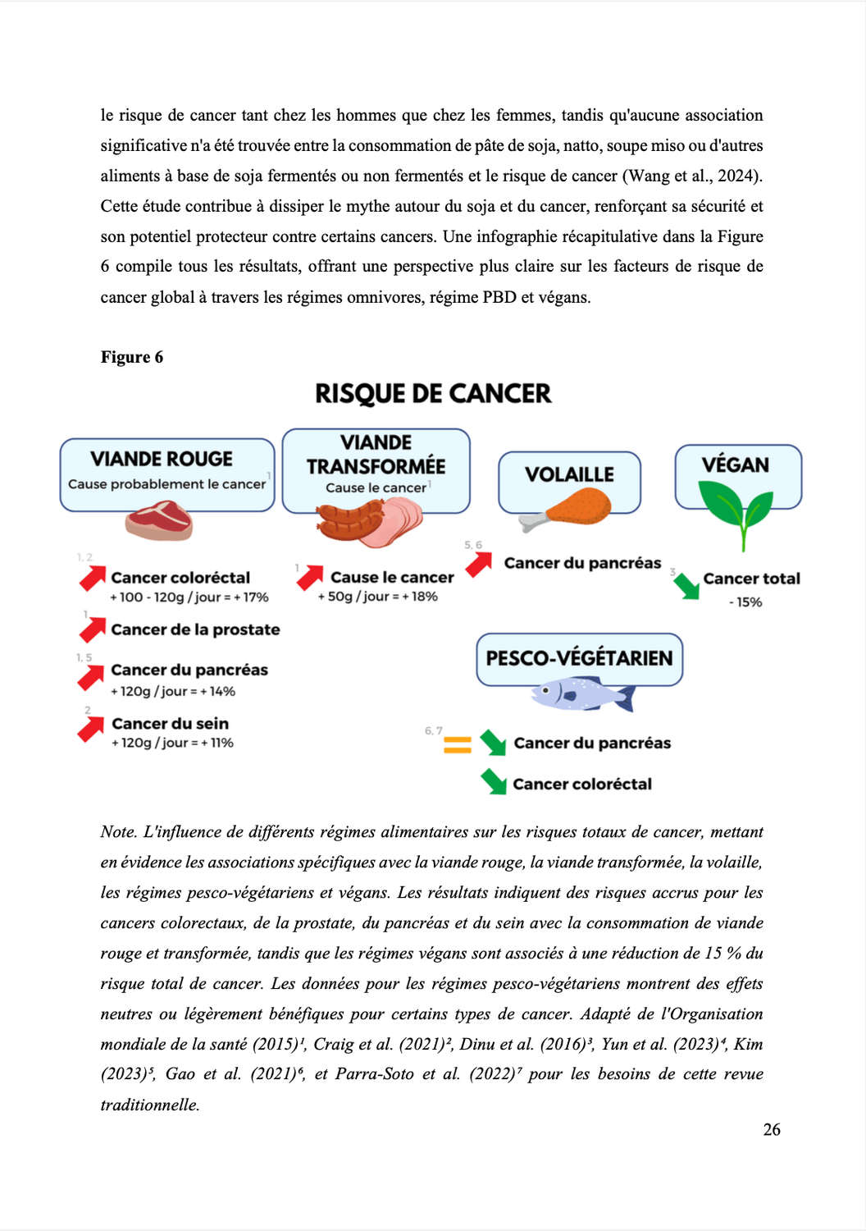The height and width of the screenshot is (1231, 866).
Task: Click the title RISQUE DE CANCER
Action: coord(433,394)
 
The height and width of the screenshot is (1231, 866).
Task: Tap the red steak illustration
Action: coord(159,522)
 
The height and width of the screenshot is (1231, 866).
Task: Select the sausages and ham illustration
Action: coord(369,523)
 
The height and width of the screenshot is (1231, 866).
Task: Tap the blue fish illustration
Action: coord(583,694)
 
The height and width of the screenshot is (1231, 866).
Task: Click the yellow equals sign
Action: coord(457,745)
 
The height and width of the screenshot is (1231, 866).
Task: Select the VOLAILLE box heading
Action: coord(569,475)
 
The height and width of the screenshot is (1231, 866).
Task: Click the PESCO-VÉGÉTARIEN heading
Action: coord(579,658)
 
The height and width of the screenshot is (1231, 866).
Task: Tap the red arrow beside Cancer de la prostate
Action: coord(92,629)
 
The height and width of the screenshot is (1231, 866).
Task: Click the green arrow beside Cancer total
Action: coord(686,586)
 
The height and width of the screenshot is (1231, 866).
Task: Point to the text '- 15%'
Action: coord(745,602)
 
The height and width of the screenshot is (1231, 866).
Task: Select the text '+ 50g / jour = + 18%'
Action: coord(378,597)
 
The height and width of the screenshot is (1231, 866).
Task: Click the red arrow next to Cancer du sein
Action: coord(91,728)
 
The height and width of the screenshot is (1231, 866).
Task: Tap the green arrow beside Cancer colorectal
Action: coord(494,781)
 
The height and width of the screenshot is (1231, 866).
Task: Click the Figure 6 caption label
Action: coord(132,357)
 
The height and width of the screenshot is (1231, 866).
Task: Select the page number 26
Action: coord(772,1130)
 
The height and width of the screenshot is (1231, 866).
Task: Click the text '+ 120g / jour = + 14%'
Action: coord(173,692)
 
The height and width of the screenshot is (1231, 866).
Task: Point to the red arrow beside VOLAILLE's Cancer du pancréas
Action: coord(478,564)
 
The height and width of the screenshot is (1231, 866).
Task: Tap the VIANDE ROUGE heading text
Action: coord(162,460)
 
